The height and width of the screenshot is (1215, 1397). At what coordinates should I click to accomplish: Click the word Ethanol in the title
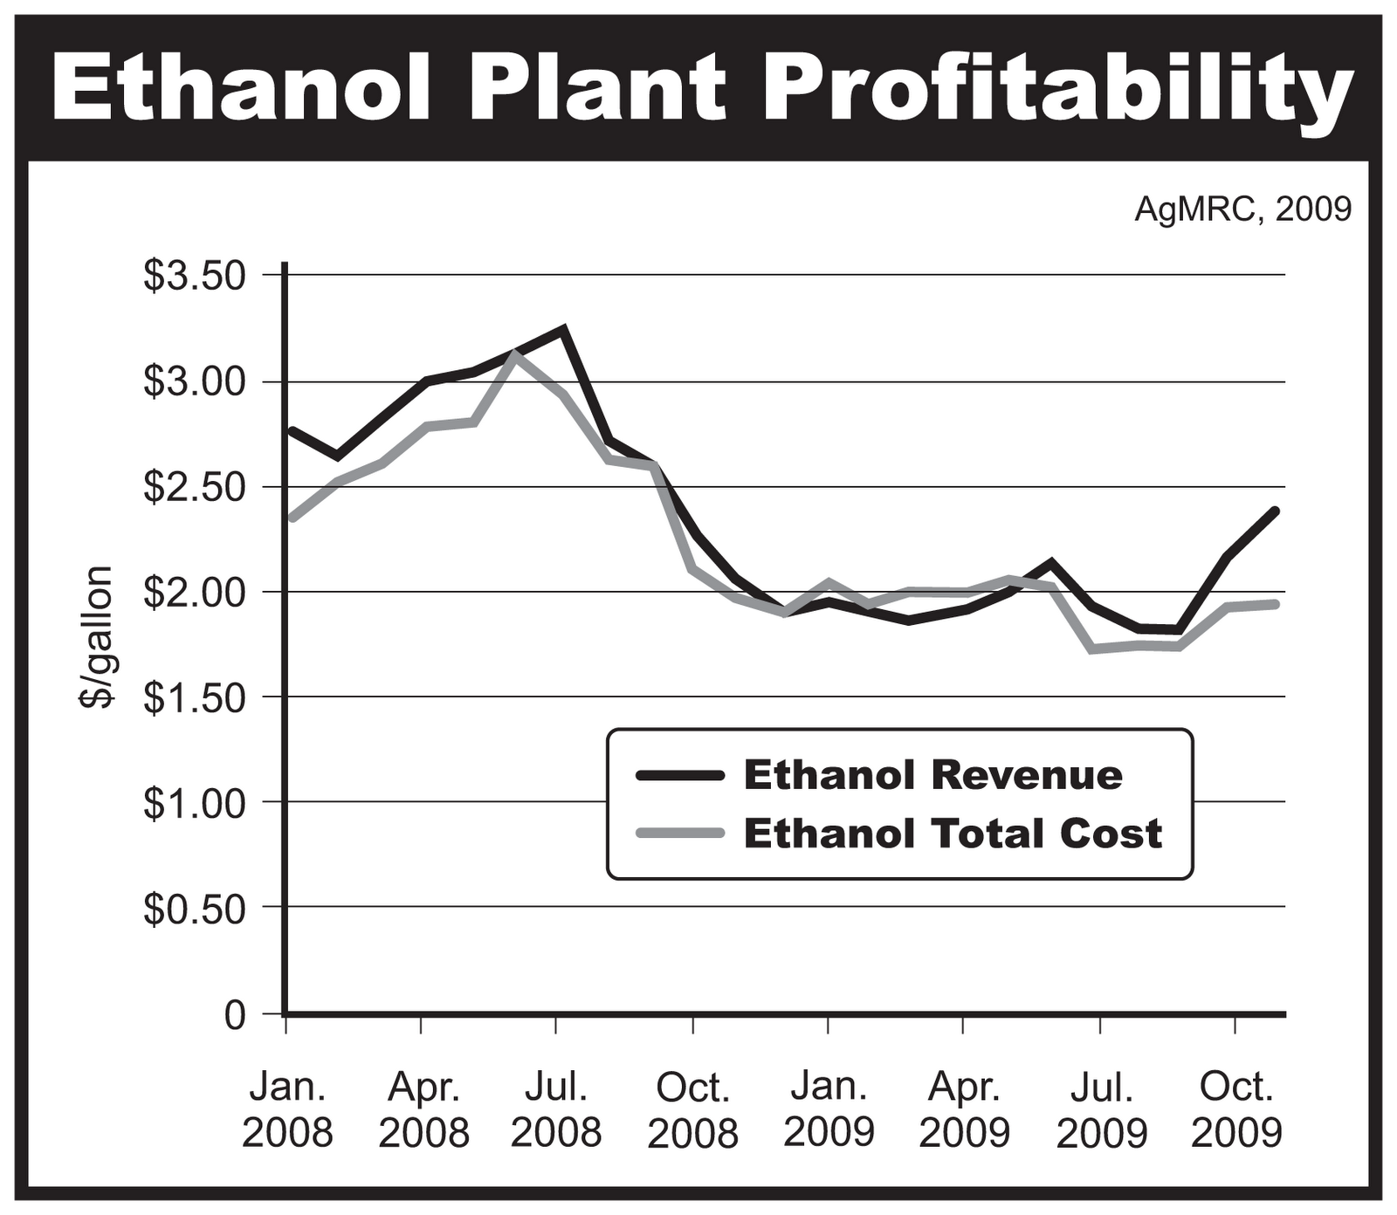243,86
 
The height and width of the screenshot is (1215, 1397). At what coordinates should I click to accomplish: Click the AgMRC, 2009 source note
1242,209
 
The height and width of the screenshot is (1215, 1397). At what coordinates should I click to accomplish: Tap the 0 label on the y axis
234,1015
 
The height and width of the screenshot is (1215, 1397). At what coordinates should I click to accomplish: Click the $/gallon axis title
97,636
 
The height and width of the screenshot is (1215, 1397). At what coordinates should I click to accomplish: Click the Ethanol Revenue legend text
932,775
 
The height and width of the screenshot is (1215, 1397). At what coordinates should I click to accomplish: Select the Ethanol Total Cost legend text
953,834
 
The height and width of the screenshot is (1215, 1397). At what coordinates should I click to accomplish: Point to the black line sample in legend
680,775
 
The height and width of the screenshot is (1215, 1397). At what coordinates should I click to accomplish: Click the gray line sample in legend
680,834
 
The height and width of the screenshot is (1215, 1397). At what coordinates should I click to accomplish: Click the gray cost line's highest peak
515,354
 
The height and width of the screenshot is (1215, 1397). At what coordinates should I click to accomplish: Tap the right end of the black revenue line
1276,511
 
